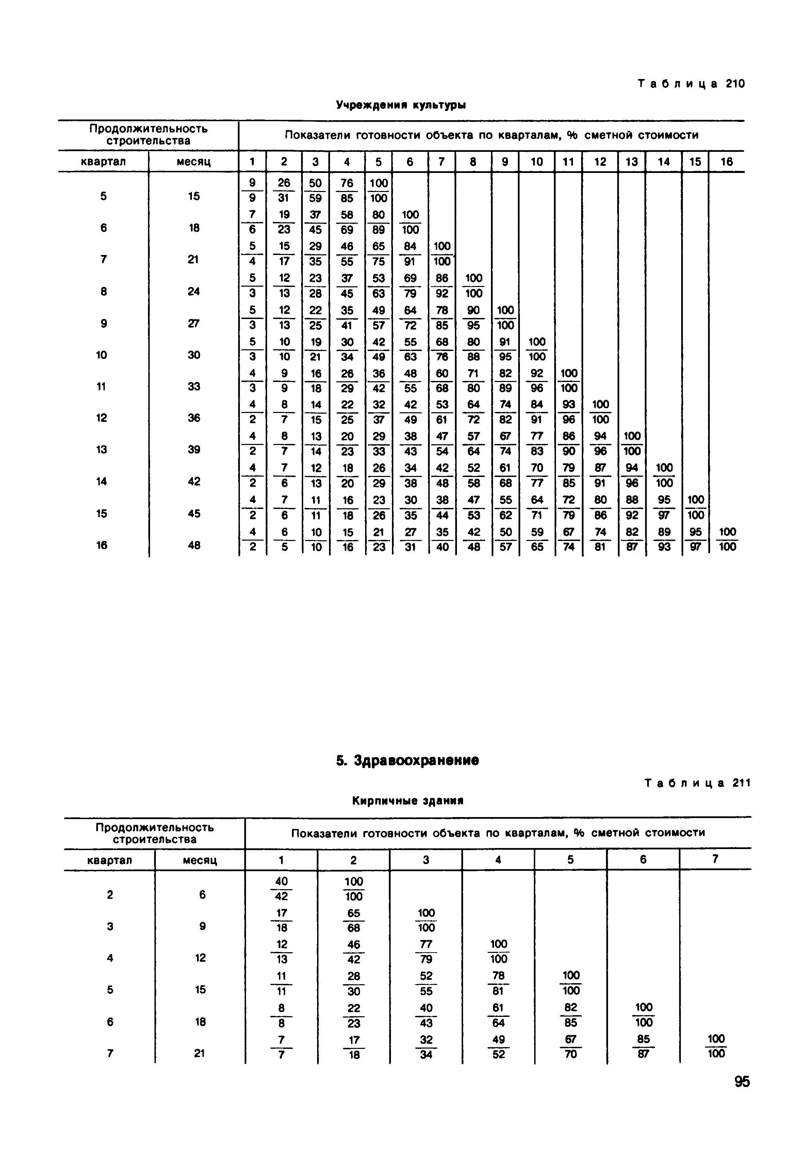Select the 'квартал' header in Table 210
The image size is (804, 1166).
click(103, 162)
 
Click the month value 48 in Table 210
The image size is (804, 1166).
click(194, 545)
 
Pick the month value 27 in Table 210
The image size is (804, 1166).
click(194, 323)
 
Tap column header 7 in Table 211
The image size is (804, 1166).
click(715, 859)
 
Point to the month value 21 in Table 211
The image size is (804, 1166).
click(199, 1053)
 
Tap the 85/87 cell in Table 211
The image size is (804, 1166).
click(643, 1047)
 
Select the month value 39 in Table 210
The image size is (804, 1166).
click(194, 449)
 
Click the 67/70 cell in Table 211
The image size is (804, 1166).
click(571, 1047)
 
